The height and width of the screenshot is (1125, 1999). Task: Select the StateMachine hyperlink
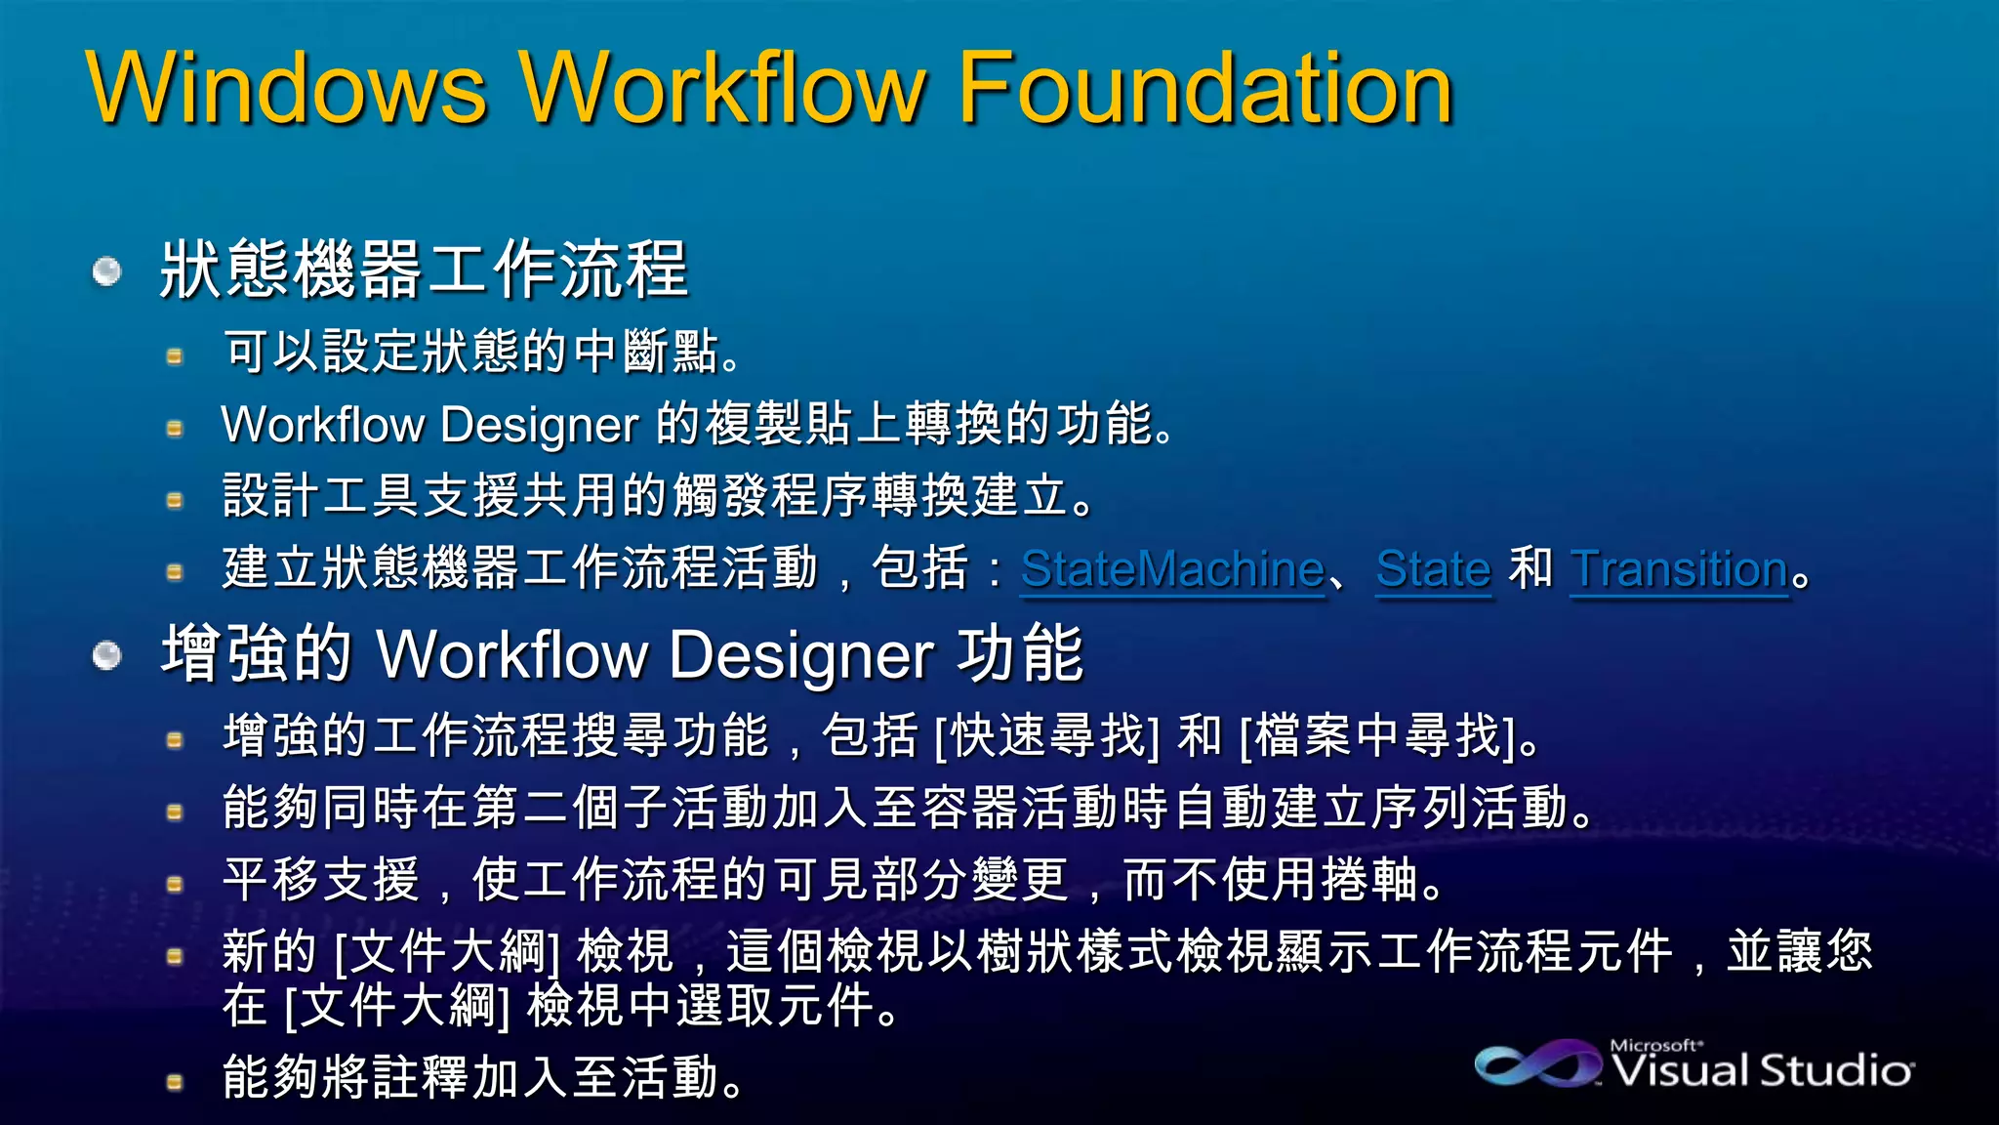(1172, 568)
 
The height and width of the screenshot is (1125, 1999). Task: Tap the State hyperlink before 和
(1433, 568)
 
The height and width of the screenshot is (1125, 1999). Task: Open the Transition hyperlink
(1679, 568)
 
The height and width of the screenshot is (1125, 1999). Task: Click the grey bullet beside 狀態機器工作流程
(106, 271)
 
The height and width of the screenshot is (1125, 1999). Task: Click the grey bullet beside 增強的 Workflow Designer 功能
(106, 655)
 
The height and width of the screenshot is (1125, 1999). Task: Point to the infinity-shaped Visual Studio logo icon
(1537, 1063)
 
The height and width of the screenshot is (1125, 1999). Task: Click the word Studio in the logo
(1836, 1070)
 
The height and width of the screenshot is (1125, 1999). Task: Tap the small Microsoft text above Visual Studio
(1655, 1045)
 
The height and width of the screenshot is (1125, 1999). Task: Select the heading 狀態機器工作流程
(424, 269)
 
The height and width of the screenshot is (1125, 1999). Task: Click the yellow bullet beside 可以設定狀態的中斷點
(175, 356)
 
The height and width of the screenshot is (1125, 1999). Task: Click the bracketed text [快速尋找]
(1047, 735)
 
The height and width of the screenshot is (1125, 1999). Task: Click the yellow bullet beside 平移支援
(175, 885)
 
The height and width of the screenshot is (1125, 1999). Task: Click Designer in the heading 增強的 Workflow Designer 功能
(801, 653)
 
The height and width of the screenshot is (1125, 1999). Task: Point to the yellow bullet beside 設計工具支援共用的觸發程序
(175, 501)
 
